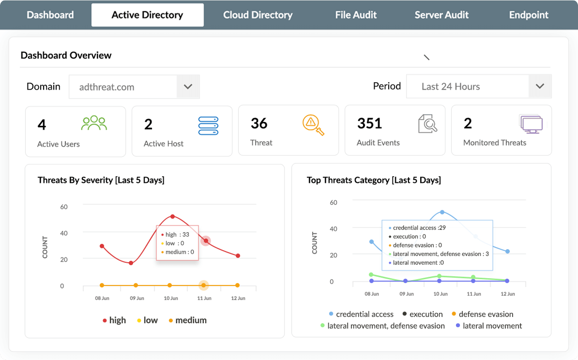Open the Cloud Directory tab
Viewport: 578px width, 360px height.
[258, 15]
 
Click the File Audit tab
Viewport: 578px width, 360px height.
[356, 15]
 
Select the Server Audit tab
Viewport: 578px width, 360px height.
[441, 15]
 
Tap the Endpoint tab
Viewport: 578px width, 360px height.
[529, 15]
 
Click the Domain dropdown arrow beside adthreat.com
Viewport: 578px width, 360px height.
[188, 87]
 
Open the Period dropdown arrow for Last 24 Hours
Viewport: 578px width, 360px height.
[540, 87]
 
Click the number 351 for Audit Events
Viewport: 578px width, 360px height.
[370, 124]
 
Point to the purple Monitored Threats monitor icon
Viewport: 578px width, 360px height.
[531, 124]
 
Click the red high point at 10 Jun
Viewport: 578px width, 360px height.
[172, 216]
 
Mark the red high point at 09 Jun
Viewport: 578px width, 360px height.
[131, 263]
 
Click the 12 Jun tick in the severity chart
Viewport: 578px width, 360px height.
[238, 298]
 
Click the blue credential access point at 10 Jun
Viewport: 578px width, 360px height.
[442, 212]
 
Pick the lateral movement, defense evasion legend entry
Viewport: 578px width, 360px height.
[382, 326]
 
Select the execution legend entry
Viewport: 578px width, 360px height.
[423, 315]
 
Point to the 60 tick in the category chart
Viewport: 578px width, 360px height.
[333, 202]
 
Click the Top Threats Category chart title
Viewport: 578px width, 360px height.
[374, 180]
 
